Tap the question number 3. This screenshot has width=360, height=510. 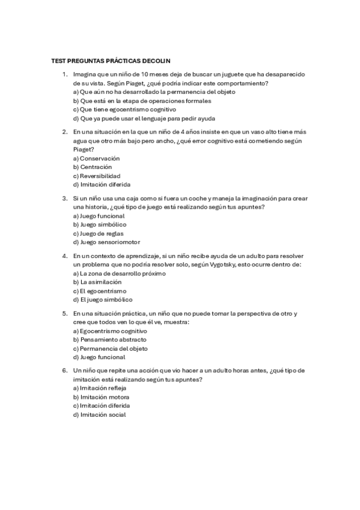[x=64, y=197]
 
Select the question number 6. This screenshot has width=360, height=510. [x=64, y=371]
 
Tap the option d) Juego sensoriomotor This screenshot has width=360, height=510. [x=106, y=242]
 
